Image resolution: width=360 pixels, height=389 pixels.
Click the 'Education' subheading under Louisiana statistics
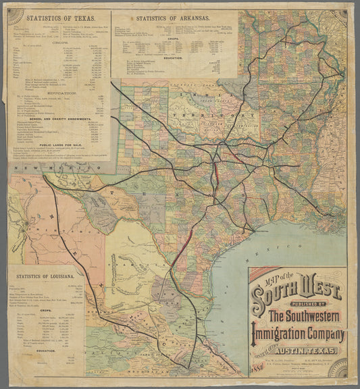46,351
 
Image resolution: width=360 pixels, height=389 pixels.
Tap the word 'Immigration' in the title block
298,334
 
